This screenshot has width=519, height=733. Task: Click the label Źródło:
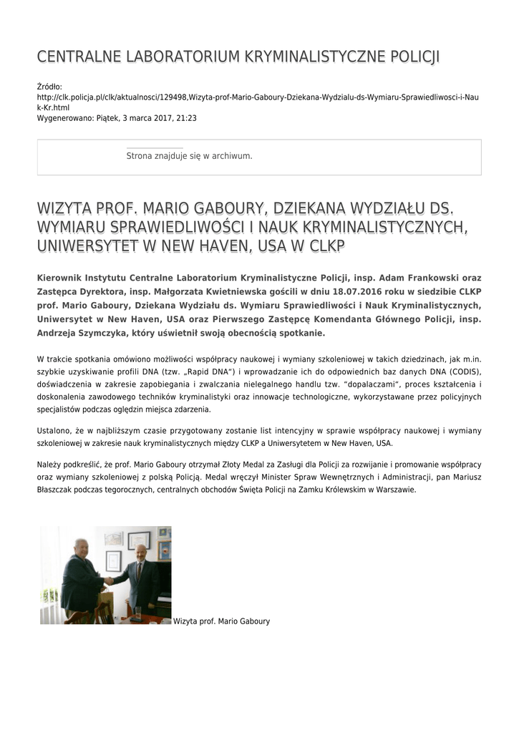(x=49, y=86)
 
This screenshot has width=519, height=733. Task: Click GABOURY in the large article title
(x=215, y=208)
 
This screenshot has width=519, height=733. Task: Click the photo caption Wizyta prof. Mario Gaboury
(x=222, y=621)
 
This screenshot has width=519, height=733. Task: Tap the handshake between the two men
(x=110, y=581)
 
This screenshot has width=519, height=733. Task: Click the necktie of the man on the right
(x=140, y=571)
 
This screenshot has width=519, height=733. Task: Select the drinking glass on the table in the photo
(x=137, y=612)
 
